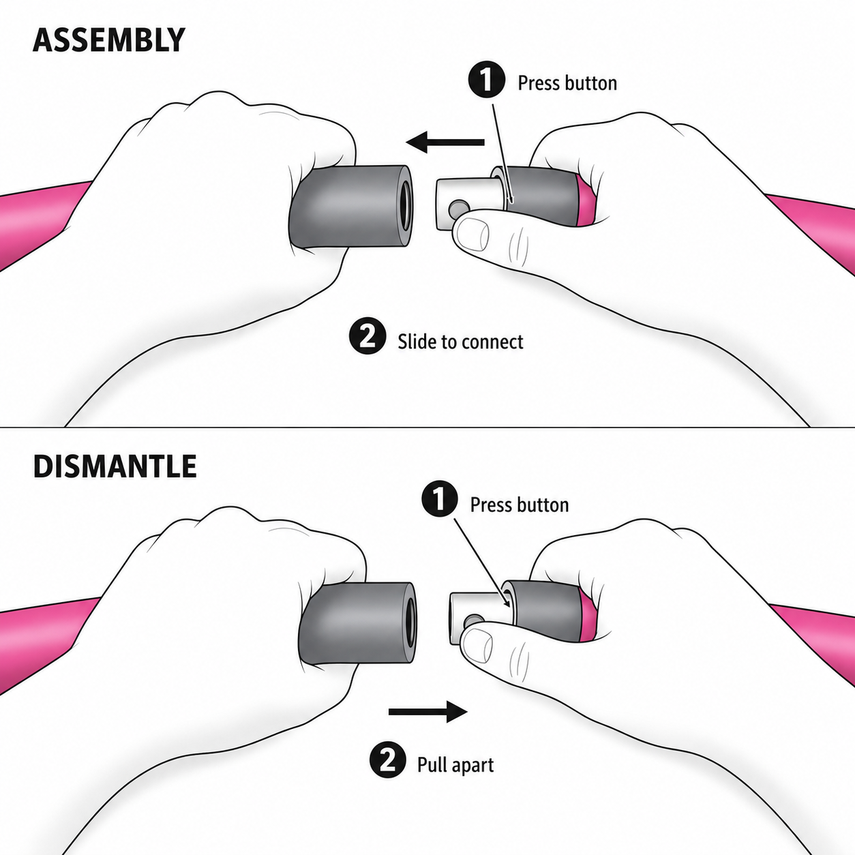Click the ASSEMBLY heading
tap(108, 40)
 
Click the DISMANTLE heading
tap(115, 466)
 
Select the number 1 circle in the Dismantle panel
tap(439, 500)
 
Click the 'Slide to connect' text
tap(460, 342)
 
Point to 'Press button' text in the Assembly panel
tap(567, 83)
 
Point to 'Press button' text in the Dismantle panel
tap(519, 505)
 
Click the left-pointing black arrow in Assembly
tap(445, 142)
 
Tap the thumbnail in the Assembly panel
tap(473, 234)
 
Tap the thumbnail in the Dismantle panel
tap(477, 643)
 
